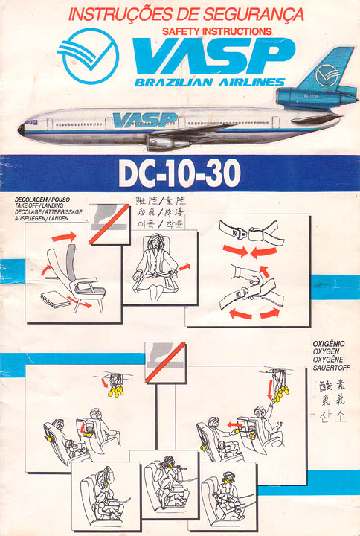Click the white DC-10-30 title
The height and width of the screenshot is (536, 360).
tap(180, 173)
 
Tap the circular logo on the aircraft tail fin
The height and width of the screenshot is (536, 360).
tap(327, 75)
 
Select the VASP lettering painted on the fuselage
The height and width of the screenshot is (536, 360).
tap(144, 119)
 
